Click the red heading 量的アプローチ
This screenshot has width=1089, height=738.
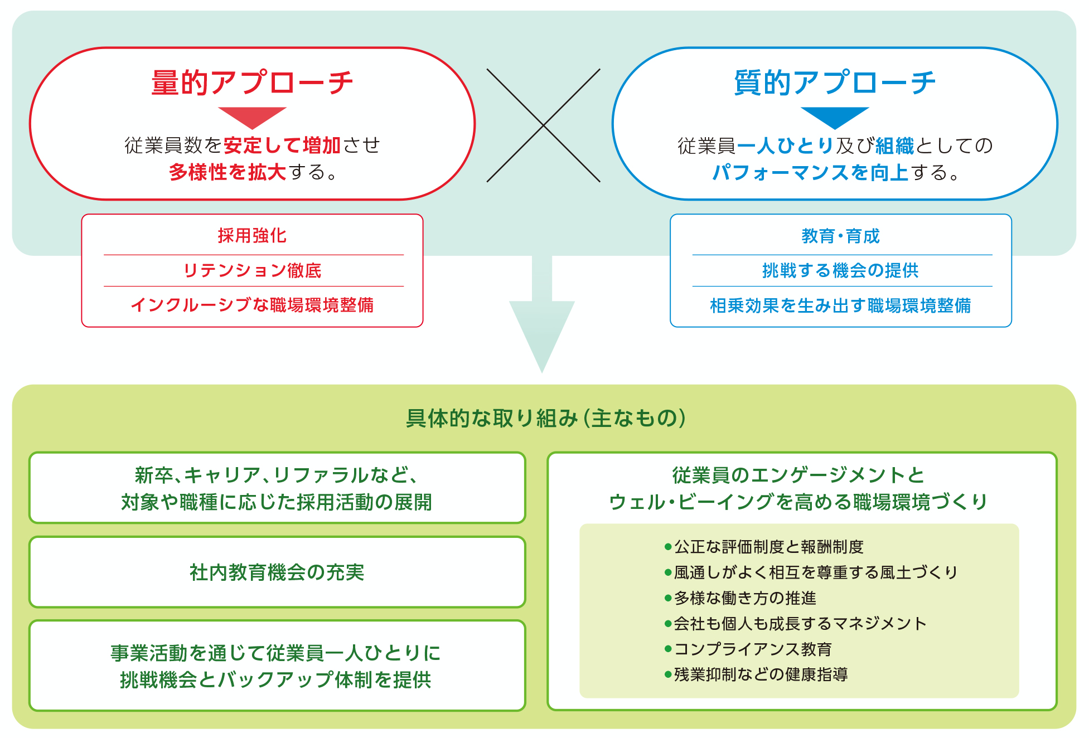(x=252, y=82)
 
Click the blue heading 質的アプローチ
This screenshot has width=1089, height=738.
(x=835, y=82)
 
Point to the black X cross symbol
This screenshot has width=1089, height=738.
(x=544, y=125)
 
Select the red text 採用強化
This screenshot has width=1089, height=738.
(x=252, y=236)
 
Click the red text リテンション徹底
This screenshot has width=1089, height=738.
(x=252, y=270)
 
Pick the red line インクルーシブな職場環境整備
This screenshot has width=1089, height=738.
(x=252, y=305)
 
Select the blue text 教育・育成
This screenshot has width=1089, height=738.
(x=840, y=236)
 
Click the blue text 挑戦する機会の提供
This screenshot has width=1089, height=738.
(x=840, y=270)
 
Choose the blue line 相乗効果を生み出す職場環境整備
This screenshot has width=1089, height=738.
(x=840, y=305)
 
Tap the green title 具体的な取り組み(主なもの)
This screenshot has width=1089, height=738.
(x=545, y=418)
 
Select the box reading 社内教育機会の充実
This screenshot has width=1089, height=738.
(x=277, y=572)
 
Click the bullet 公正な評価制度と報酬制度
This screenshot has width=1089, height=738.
(x=764, y=547)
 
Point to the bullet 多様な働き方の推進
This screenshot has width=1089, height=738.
(x=740, y=598)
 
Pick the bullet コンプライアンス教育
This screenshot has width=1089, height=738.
(x=748, y=649)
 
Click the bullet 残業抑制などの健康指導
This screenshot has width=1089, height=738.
(x=756, y=674)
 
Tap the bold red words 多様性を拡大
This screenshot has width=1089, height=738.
(x=228, y=172)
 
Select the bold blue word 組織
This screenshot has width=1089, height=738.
(x=894, y=145)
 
